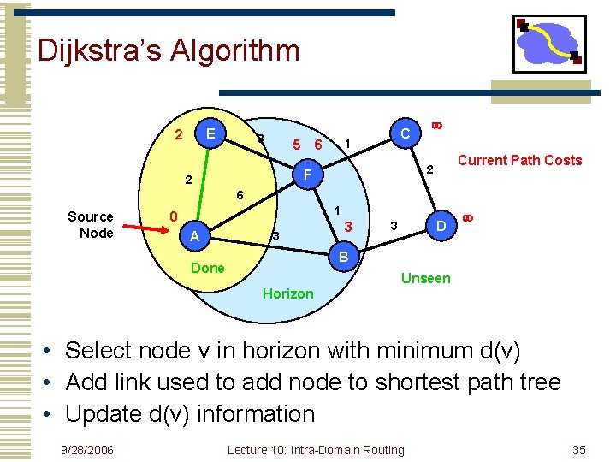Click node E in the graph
(210, 133)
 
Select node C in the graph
(406, 133)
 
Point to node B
(343, 257)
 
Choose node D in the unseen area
(441, 226)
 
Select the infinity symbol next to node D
(467, 218)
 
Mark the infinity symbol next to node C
(435, 126)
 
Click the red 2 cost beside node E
(178, 134)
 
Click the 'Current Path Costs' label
(519, 160)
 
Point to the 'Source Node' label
(91, 225)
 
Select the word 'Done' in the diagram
(208, 268)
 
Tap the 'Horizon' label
(287, 293)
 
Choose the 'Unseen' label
(425, 278)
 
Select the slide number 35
(578, 450)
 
